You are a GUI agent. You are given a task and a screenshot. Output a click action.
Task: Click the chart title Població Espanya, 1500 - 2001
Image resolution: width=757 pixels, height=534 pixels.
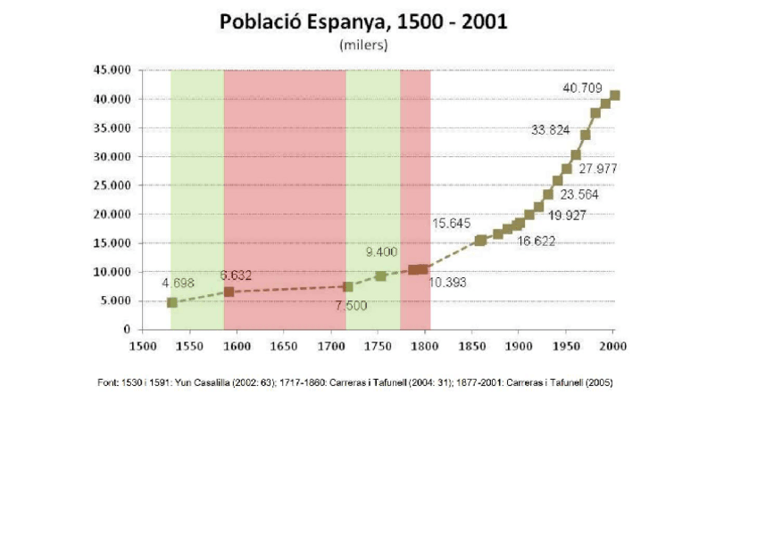363,22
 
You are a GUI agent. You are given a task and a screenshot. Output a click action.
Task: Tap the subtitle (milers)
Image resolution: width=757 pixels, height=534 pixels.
362,45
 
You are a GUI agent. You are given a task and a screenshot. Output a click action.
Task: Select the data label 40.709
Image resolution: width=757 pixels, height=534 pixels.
582,88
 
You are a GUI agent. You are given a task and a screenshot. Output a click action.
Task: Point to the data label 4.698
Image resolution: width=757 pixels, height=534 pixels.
178,283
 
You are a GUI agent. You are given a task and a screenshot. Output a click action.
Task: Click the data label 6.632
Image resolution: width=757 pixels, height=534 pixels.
236,275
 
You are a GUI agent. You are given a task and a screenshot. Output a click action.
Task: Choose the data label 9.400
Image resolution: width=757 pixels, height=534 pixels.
382,252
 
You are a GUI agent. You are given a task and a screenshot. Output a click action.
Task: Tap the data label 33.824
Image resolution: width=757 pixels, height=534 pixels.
550,130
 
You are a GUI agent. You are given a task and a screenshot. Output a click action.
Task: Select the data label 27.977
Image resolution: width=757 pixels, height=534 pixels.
598,168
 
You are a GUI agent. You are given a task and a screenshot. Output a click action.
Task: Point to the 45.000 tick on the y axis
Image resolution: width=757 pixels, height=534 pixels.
112,70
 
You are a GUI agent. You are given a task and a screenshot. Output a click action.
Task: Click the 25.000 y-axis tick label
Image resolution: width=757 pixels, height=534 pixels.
112,185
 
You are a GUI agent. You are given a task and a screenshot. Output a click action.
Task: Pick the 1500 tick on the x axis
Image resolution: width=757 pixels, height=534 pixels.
141,345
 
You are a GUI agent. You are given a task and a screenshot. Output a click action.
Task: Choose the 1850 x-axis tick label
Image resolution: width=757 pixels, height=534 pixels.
470,345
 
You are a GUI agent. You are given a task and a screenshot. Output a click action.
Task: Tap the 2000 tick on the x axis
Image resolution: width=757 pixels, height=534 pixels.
612,345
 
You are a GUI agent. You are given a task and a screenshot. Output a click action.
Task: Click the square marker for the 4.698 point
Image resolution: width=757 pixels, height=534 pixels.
171,302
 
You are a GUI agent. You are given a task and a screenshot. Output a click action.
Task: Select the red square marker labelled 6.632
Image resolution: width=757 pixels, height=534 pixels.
229,292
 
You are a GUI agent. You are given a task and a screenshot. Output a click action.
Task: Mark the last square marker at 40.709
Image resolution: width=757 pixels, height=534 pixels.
614,95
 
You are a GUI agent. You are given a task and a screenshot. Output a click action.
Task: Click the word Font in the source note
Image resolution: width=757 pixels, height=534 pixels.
107,383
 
